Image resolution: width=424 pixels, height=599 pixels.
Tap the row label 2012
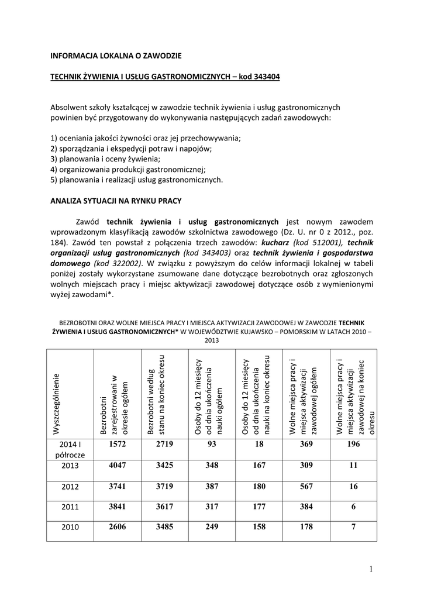pos(70,487)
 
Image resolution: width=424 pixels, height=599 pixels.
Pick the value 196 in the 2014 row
pos(353,445)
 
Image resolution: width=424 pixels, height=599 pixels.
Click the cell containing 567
pos(306,486)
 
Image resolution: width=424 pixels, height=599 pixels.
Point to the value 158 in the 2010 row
pos(258,527)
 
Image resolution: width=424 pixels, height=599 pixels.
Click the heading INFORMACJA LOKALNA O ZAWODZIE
pos(116,56)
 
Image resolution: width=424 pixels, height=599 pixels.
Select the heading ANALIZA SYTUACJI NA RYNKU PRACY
pos(116,201)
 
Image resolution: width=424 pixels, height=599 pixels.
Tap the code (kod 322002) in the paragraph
pos(117,264)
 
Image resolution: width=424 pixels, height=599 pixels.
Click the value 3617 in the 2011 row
pos(164,507)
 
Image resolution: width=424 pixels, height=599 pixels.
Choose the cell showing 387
pos(211,486)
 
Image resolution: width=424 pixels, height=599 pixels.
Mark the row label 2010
pos(70,528)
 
